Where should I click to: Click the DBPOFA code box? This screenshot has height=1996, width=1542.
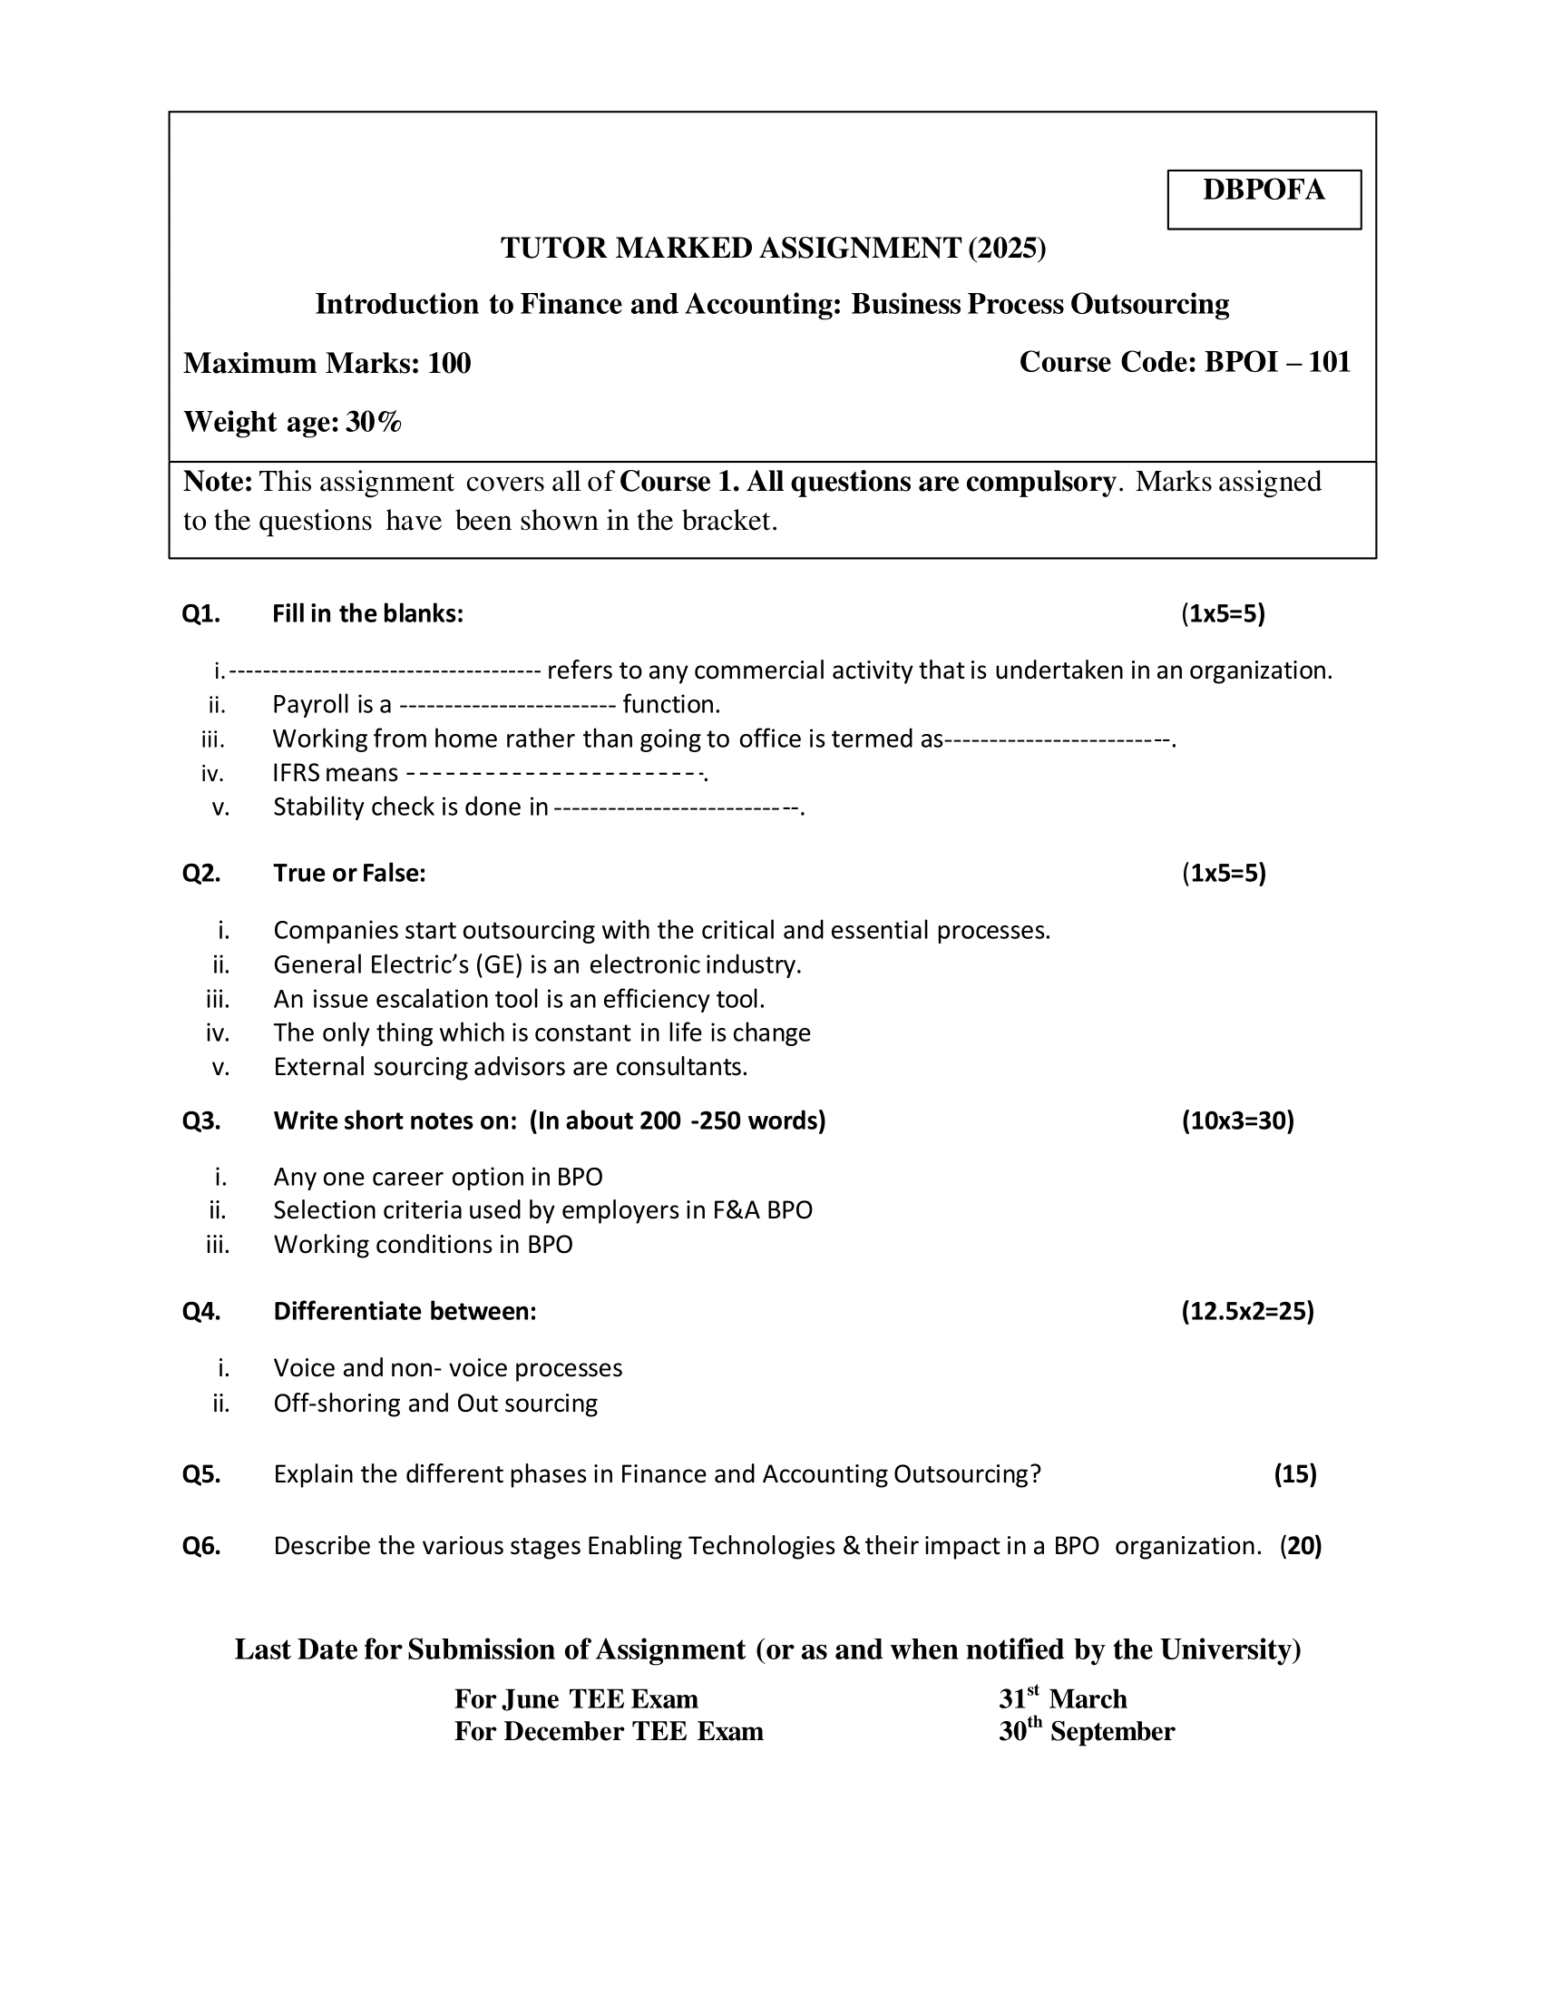click(1264, 199)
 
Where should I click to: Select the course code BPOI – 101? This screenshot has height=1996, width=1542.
click(1276, 362)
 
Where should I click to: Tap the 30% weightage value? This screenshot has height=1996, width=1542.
click(374, 421)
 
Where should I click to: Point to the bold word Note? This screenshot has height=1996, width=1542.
click(218, 482)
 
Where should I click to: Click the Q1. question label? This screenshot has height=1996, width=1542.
click(201, 613)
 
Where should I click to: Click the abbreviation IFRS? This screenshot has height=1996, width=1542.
click(296, 773)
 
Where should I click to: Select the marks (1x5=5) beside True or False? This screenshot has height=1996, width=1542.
click(1224, 873)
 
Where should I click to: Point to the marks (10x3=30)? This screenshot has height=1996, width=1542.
click(1237, 1120)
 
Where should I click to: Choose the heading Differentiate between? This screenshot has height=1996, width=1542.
click(405, 1312)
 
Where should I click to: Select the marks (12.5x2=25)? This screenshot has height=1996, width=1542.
click(1247, 1312)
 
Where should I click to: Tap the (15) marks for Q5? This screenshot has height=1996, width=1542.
click(1294, 1474)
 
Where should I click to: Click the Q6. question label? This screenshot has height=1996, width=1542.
click(201, 1545)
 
